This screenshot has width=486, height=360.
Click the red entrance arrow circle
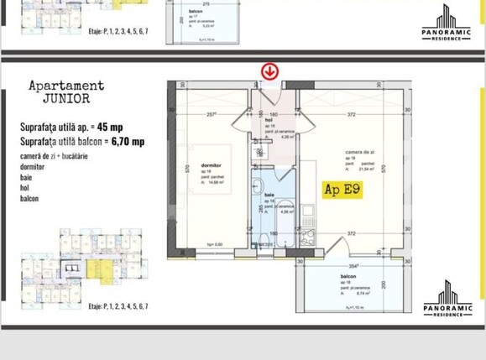coord(269,71)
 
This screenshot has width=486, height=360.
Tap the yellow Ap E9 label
coord(342,190)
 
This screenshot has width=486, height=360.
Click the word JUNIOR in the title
coord(66,98)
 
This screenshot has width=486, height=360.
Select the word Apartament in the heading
coord(66,86)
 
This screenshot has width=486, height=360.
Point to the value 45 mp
coord(110,128)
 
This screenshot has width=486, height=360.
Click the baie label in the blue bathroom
coord(269,195)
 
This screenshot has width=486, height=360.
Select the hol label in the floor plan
coord(269,119)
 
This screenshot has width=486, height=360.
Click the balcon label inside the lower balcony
coord(348,275)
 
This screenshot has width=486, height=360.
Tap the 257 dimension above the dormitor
coord(211,114)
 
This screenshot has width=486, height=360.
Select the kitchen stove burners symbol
coord(308,237)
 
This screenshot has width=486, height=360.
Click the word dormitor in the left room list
coord(33,166)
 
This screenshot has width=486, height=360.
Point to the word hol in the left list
coord(25,188)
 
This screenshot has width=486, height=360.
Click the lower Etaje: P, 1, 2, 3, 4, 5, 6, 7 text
coord(118,306)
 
